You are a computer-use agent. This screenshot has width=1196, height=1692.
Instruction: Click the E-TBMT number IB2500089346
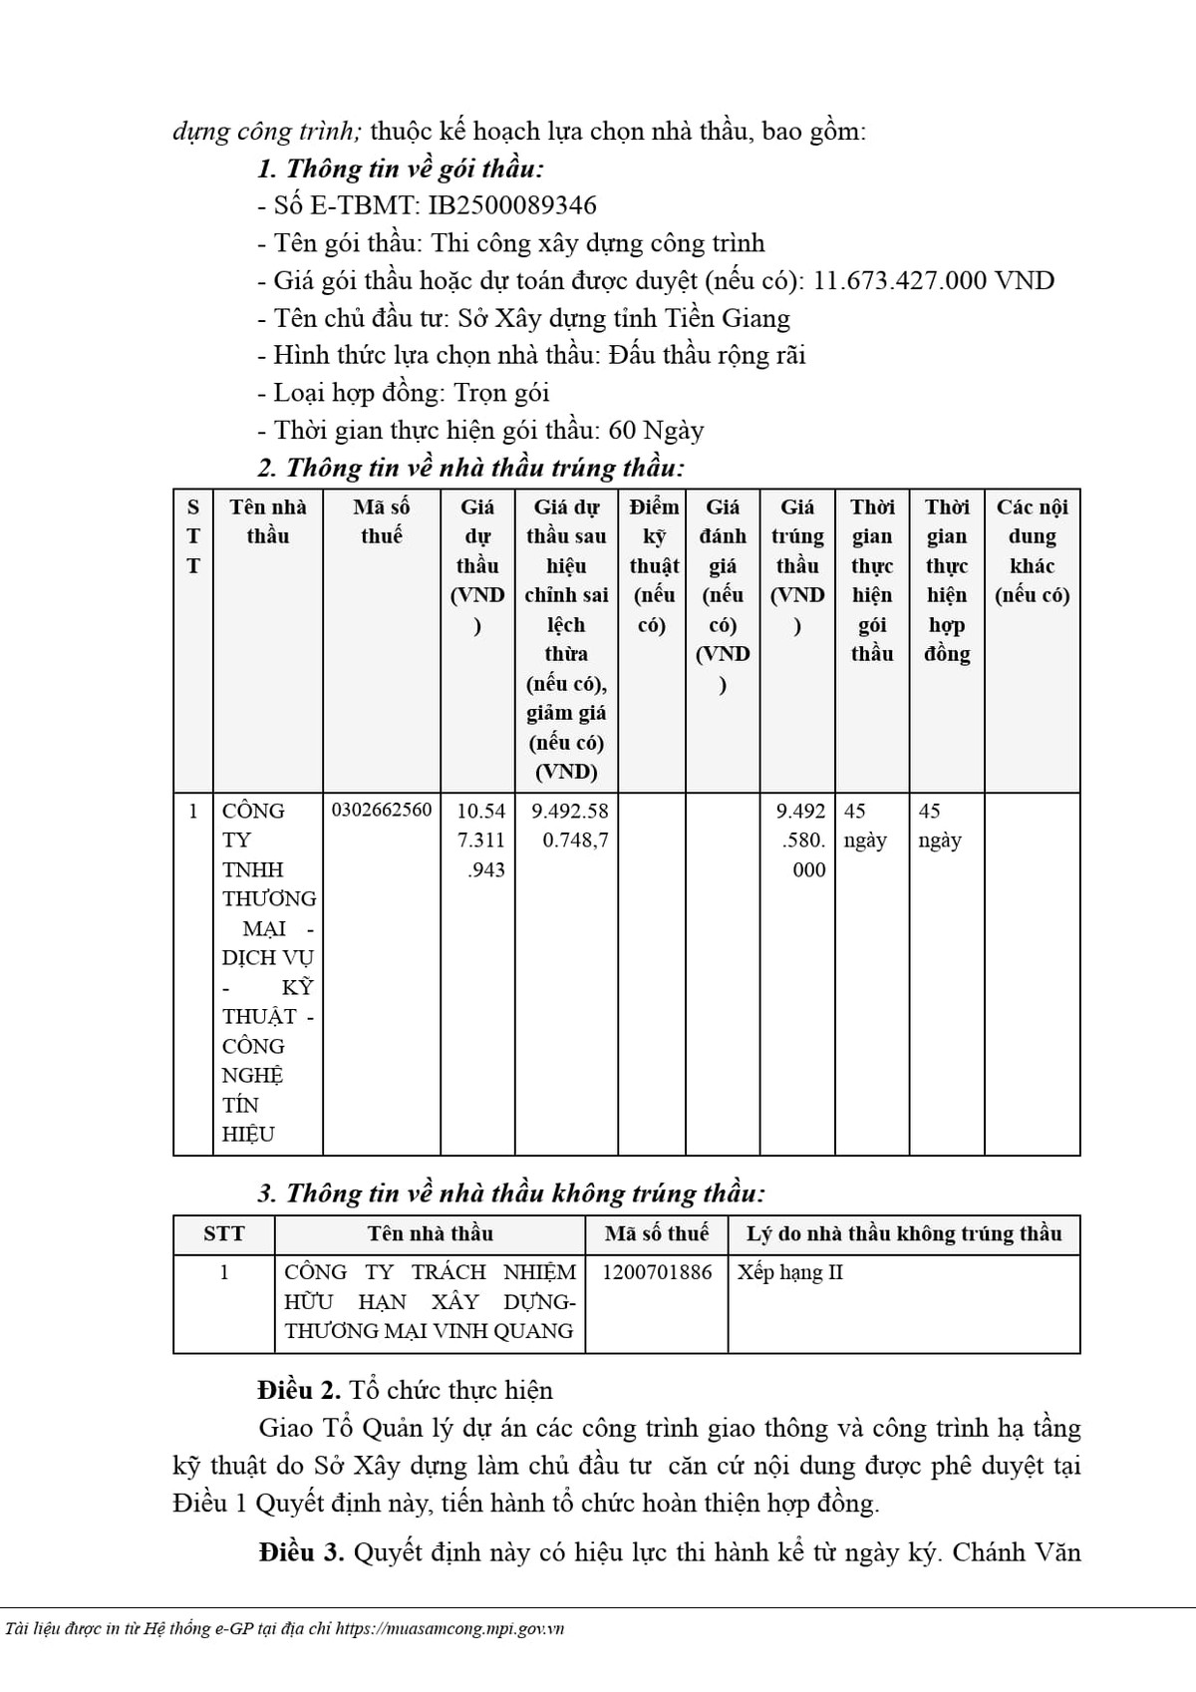[512, 206]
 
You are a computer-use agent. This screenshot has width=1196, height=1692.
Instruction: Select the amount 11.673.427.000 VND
[934, 281]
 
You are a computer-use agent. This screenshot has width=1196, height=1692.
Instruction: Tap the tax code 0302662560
[382, 810]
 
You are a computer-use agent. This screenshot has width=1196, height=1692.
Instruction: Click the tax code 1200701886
[657, 1272]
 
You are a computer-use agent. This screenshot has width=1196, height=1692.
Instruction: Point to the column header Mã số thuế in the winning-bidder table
[382, 521]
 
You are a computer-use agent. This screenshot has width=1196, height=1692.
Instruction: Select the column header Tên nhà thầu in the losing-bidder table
[430, 1234]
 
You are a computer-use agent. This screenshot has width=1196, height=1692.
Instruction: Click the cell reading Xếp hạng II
[790, 1272]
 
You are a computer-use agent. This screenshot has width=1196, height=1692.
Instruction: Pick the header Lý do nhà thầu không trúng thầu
[904, 1234]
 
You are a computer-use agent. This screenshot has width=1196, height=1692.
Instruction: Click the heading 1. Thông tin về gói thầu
[401, 169]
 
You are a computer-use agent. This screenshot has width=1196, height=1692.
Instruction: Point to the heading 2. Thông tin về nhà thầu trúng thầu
[471, 468]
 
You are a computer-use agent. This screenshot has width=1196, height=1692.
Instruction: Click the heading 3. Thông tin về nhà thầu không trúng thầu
[511, 1193]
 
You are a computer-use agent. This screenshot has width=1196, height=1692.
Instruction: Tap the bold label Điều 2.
[299, 1391]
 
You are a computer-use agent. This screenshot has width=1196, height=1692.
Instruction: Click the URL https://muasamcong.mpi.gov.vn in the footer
[449, 1629]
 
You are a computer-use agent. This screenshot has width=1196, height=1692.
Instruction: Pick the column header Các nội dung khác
[1032, 550]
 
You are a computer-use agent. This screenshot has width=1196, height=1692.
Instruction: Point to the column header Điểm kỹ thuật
[653, 565]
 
